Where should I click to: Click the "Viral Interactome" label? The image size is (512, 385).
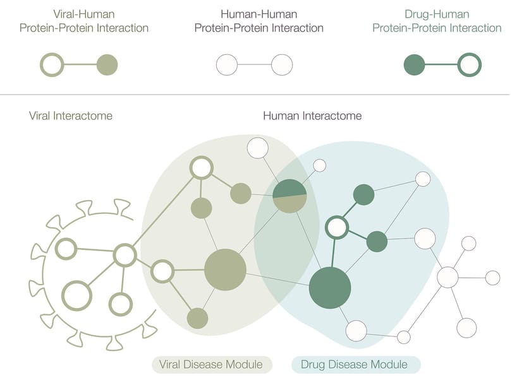(x=71, y=115)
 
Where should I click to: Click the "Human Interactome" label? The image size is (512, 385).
(x=312, y=115)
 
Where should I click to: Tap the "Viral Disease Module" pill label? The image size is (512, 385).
(x=212, y=364)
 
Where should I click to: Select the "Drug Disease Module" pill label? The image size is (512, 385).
(x=356, y=364)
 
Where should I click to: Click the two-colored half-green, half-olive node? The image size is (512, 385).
(x=290, y=196)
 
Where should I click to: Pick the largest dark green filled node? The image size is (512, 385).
(x=330, y=288)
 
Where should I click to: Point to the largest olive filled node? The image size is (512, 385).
(x=225, y=269)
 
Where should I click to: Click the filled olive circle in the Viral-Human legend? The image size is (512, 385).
(x=107, y=64)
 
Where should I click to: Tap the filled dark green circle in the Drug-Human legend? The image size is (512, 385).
(x=415, y=64)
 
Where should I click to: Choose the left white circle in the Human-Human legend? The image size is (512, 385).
(x=227, y=64)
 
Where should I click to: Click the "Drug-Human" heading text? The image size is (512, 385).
(x=437, y=15)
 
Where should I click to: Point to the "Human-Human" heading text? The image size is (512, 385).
(x=259, y=15)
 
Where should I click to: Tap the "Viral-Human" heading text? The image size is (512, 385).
(x=84, y=15)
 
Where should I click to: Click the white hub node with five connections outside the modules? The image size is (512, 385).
(x=448, y=277)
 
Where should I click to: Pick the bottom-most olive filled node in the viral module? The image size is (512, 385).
(x=198, y=318)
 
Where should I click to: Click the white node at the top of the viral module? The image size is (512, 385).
(x=258, y=148)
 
